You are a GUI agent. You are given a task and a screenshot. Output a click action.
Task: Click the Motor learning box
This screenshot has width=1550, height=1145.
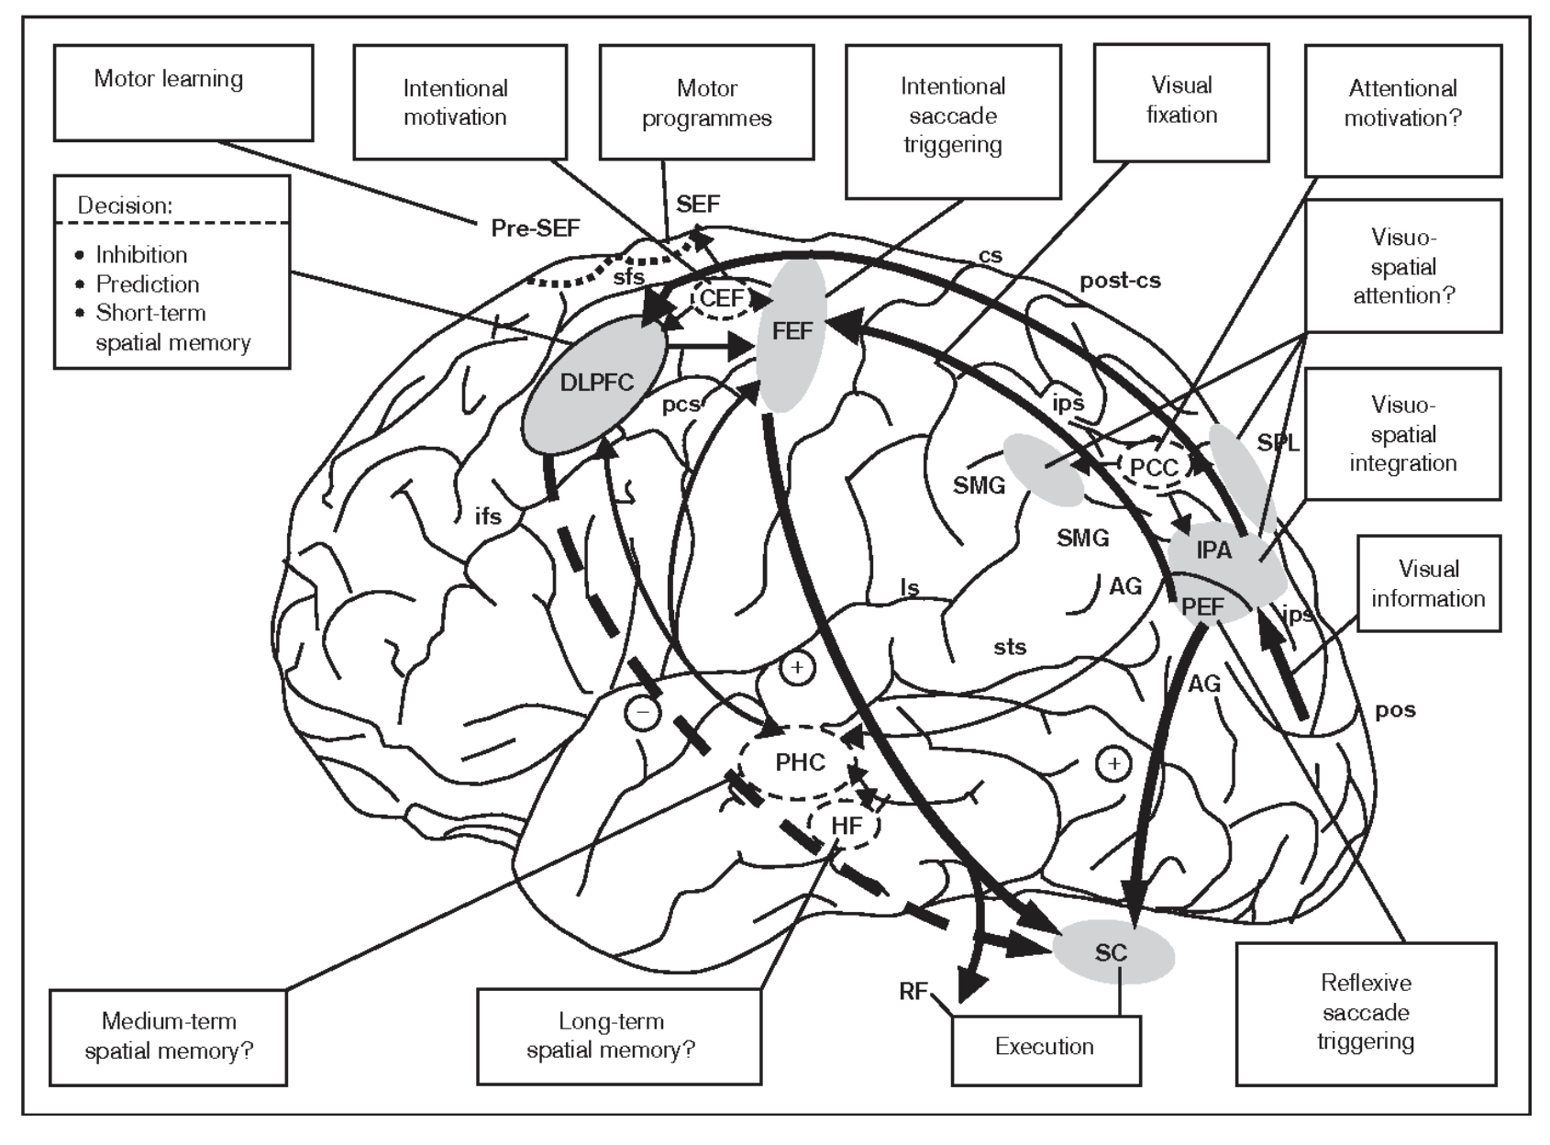[x=183, y=93]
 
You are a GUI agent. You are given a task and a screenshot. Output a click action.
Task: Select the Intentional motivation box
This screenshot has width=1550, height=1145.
[x=459, y=102]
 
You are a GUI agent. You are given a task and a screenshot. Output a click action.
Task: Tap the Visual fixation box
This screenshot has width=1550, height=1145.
[x=1181, y=103]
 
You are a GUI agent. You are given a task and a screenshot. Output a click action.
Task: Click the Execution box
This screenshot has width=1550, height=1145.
[x=1046, y=1051]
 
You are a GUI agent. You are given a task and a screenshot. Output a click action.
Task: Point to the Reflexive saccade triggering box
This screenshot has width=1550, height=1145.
[x=1367, y=1015]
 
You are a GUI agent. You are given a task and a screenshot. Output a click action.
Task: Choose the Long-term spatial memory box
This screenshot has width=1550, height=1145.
[x=619, y=1037]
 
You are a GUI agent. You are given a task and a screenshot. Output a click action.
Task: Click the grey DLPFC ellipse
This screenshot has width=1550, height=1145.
[x=594, y=384]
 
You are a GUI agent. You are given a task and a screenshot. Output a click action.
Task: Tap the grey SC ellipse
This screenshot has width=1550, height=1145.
[x=1113, y=952]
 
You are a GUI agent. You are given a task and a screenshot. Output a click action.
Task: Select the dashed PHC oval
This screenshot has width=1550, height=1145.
[x=799, y=761]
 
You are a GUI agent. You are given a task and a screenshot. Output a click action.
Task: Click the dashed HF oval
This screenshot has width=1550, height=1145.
[x=844, y=826]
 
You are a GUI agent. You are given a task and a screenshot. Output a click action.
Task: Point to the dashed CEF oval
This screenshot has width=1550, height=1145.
[x=721, y=298]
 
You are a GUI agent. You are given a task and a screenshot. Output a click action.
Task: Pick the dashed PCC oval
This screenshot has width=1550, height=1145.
[x=1154, y=467]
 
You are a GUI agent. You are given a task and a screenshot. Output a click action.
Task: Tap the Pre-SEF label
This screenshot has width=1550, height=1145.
[x=536, y=228]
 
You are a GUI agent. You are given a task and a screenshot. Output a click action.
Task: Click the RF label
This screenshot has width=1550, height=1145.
[x=913, y=991]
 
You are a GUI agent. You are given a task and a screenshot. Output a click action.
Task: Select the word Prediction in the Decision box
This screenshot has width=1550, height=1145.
[x=148, y=283]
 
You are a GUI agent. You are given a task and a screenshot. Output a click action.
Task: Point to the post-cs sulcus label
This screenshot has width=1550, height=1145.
[x=1120, y=281]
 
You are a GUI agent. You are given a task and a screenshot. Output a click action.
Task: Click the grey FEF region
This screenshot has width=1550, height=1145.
[x=792, y=336]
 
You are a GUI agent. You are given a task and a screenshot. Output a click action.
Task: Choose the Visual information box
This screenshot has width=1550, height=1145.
[x=1429, y=584]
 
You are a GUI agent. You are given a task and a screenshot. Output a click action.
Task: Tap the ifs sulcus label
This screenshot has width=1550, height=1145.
[x=488, y=516]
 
